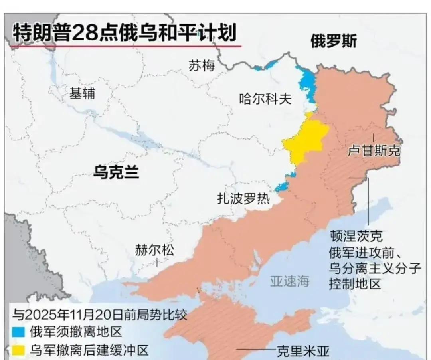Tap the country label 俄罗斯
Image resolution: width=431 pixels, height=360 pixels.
[333, 41]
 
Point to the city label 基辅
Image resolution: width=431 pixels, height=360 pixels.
[82, 93]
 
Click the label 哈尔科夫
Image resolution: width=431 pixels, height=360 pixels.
[265, 98]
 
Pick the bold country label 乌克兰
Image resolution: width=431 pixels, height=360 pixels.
[116, 172]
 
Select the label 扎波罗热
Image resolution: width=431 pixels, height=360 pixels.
[243, 198]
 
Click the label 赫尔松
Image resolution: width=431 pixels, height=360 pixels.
[154, 251]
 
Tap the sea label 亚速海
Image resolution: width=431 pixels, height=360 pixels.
[290, 281]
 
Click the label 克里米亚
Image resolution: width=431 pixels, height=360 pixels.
[304, 352]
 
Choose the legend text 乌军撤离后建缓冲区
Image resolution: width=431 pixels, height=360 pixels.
[89, 351]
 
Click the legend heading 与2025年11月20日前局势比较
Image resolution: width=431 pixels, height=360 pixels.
[99, 314]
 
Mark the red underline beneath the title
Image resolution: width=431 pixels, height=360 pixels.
[125, 47]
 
